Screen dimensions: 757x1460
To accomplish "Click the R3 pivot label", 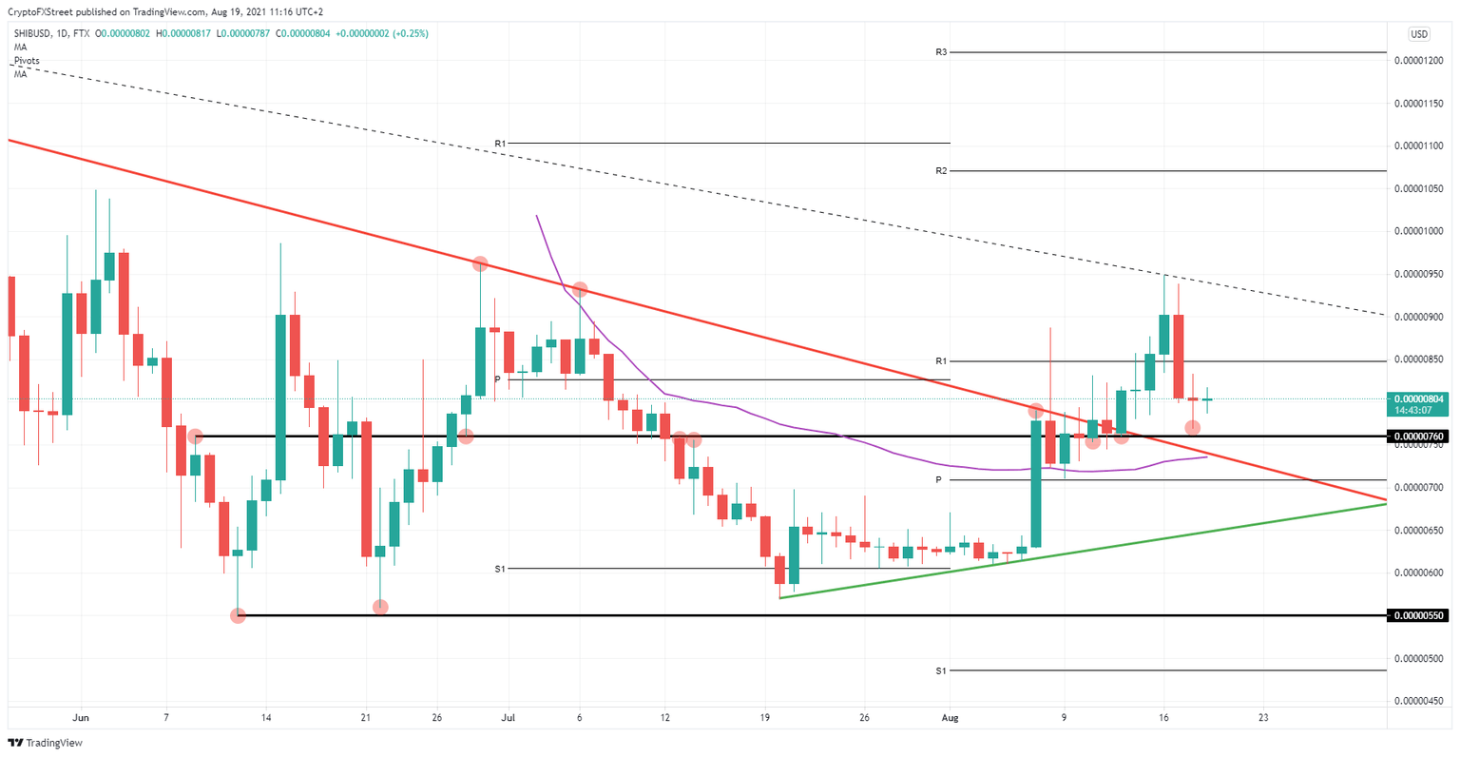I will tap(940, 52).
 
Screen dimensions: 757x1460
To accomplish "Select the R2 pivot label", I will tap(940, 171).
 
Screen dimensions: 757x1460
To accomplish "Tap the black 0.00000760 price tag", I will tap(1418, 437).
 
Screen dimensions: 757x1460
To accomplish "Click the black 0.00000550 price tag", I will tap(1418, 615).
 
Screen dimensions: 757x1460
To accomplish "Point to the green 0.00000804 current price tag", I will tap(1418, 399).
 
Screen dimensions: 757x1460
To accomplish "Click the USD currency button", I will tap(1419, 34).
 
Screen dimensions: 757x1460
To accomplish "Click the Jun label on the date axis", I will tap(81, 717).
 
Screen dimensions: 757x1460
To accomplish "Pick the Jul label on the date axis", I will tap(508, 717).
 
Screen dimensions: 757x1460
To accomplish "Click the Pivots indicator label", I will tap(27, 60).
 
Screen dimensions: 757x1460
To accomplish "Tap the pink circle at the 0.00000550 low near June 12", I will tap(239, 615).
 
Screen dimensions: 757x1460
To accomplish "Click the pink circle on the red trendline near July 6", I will tap(579, 288).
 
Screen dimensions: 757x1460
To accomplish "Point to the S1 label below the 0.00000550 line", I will tap(940, 670).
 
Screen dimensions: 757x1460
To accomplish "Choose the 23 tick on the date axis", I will tap(1262, 717).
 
